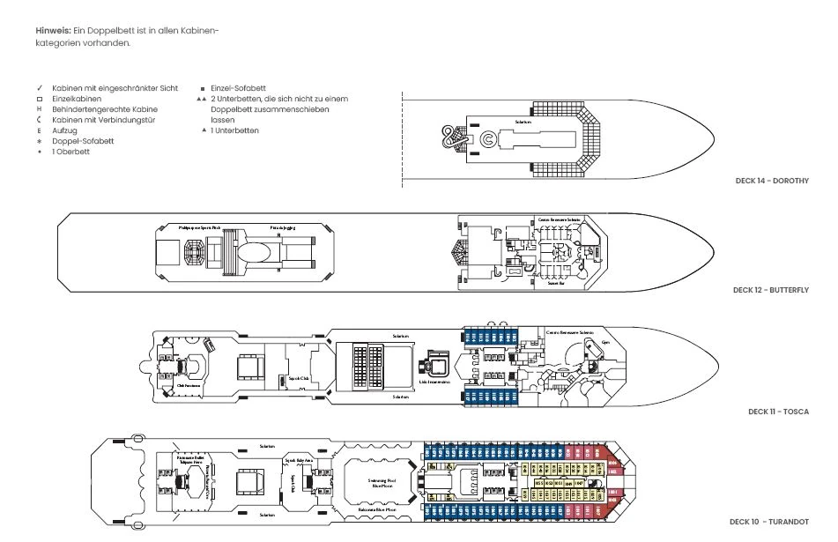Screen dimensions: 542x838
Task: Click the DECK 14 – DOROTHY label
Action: point(771,181)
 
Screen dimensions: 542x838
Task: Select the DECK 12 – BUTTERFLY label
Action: point(770,290)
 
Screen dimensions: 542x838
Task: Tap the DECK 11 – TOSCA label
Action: point(778,412)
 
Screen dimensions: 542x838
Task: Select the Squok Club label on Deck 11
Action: point(299,378)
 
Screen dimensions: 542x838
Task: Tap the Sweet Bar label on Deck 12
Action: point(556,284)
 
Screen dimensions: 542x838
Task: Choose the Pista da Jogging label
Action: point(282,227)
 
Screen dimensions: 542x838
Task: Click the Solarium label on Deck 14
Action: point(523,122)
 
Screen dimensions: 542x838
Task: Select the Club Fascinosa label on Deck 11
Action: point(185,384)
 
